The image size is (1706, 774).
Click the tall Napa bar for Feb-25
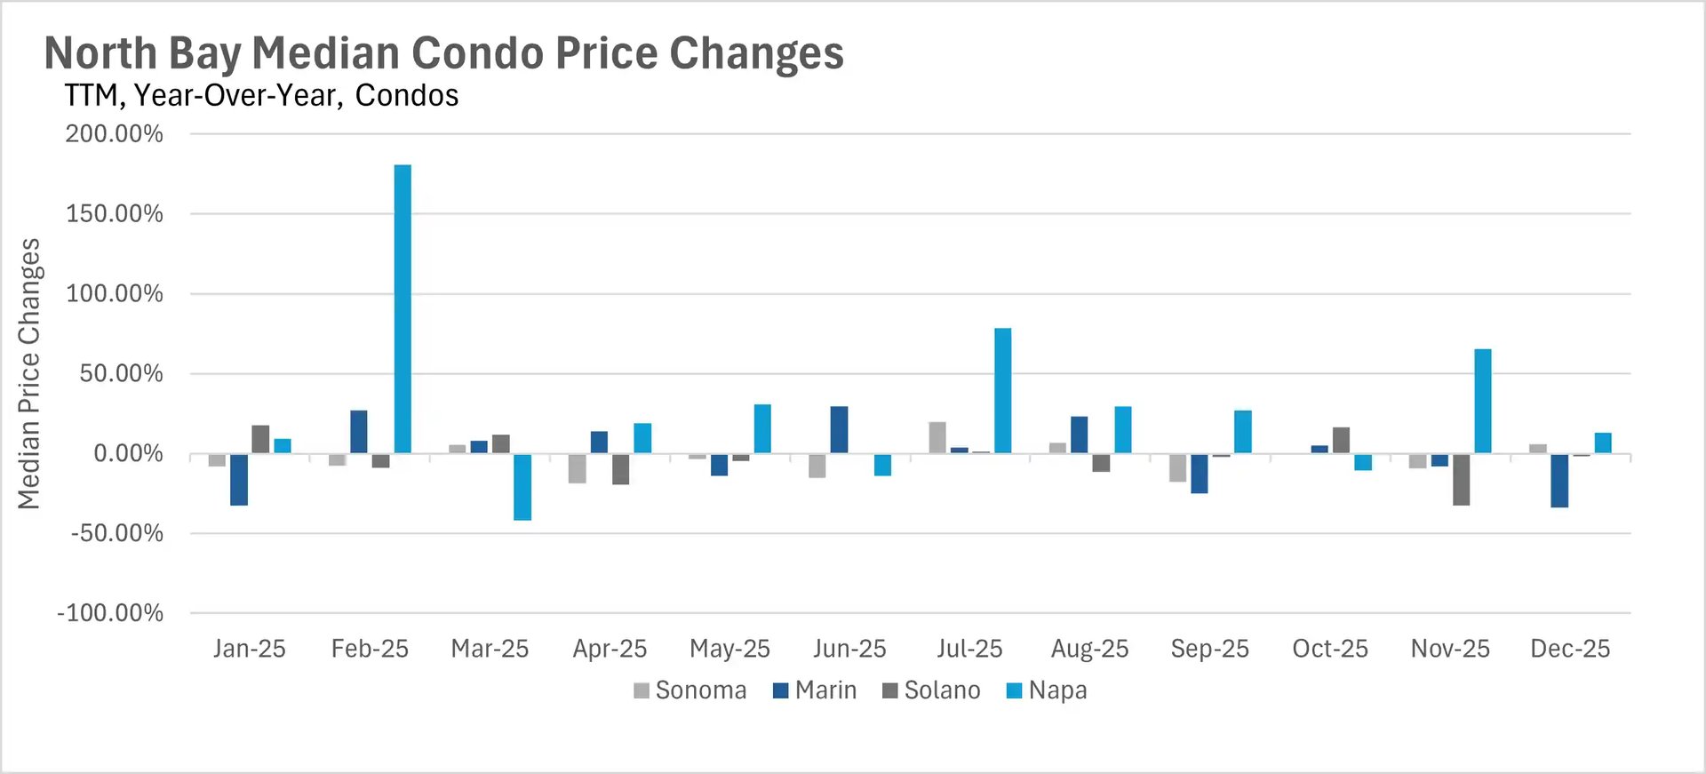[x=403, y=308]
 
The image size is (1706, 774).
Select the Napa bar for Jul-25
[x=1002, y=391]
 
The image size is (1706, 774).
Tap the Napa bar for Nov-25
[x=1482, y=401]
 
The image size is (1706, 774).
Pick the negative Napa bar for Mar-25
[x=522, y=487]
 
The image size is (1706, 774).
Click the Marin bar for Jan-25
[x=239, y=480]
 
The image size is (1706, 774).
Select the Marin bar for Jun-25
[x=839, y=430]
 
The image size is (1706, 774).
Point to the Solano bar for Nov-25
[x=1461, y=480]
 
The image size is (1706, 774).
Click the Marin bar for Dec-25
[x=1559, y=481]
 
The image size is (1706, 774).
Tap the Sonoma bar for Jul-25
[x=937, y=438]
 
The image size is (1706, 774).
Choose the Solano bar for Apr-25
[x=620, y=469]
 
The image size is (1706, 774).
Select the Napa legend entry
[x=1046, y=690]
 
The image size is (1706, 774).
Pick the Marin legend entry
[x=815, y=690]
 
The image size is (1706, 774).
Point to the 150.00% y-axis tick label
[x=115, y=214]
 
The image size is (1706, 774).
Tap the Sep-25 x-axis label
[x=1209, y=649]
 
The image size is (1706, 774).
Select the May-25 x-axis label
[x=729, y=649]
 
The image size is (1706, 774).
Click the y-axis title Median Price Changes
[x=29, y=373]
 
